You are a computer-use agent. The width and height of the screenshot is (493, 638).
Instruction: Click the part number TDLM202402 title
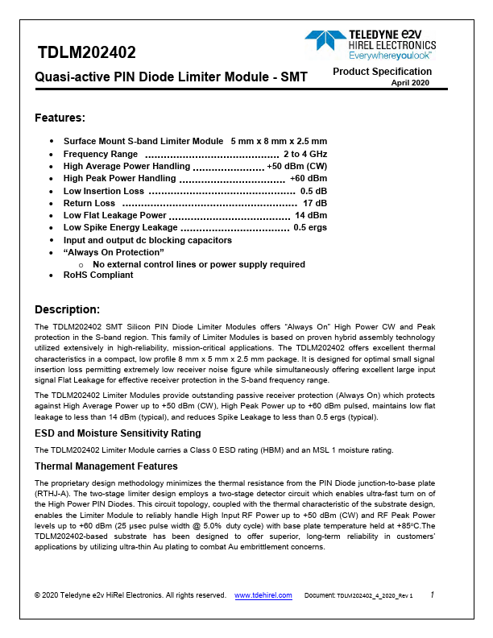(x=87, y=54)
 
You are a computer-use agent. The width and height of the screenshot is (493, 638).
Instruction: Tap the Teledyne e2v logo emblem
(x=325, y=42)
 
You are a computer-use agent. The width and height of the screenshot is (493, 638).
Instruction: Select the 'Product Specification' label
(x=383, y=72)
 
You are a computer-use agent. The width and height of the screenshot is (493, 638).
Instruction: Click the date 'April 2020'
(x=411, y=83)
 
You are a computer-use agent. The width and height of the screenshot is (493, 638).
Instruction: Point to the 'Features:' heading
(x=60, y=118)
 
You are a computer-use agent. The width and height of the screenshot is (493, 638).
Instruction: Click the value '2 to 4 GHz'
(x=304, y=154)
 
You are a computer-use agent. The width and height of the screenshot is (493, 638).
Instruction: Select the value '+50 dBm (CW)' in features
(x=296, y=166)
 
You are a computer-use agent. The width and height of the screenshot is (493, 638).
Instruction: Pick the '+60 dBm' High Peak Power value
(x=308, y=178)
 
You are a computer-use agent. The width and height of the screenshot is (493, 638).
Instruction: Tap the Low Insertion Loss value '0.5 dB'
(x=313, y=191)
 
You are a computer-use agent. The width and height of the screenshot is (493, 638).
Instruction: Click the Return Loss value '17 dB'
(x=314, y=203)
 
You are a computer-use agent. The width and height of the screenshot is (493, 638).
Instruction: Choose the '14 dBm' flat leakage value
(x=310, y=215)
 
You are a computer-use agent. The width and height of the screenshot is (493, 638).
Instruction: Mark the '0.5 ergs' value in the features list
(x=309, y=228)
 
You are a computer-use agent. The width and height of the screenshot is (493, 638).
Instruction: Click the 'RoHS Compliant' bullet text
(x=98, y=275)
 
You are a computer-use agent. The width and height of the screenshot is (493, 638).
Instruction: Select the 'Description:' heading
(x=67, y=309)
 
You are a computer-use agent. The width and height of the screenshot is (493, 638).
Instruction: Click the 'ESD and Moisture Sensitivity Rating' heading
(x=118, y=433)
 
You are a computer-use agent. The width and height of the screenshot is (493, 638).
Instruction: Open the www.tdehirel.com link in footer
(x=263, y=595)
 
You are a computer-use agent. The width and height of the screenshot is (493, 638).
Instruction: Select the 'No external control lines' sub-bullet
(x=198, y=264)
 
